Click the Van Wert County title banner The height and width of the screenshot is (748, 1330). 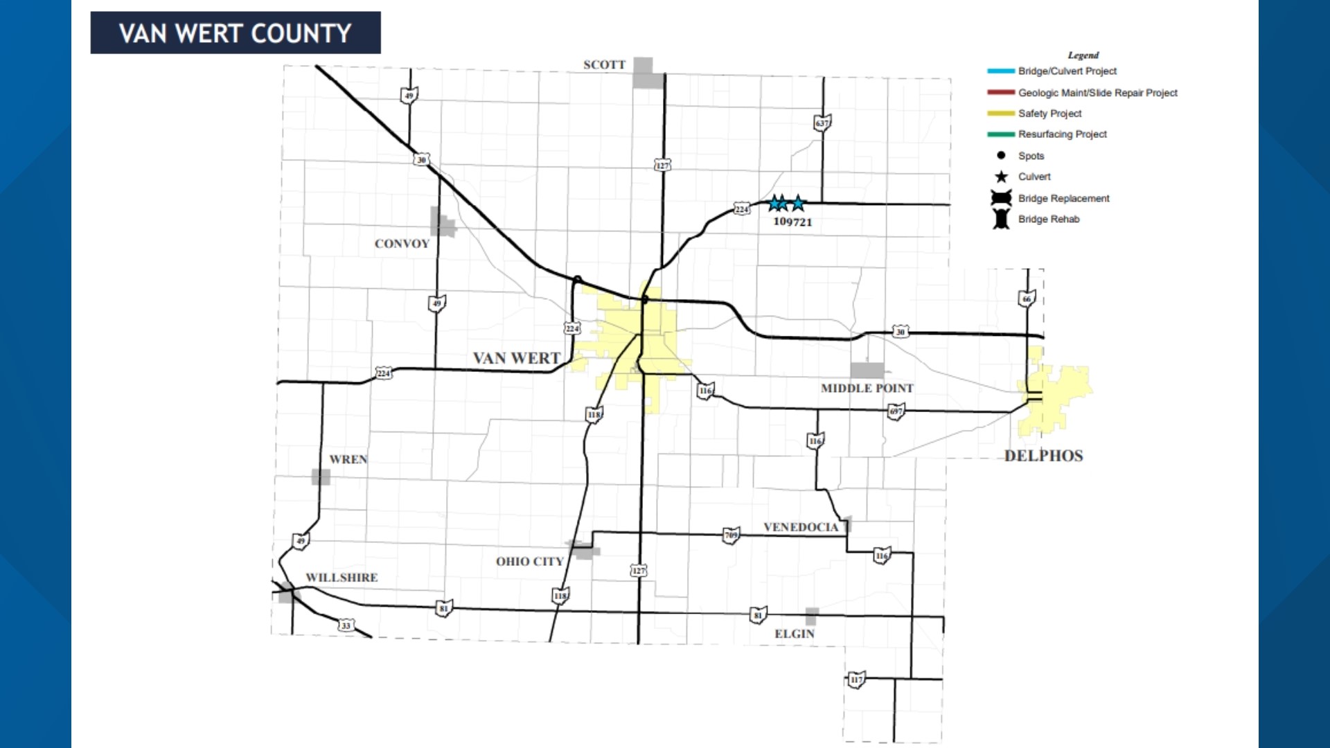click(236, 33)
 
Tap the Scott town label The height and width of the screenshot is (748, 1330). click(604, 65)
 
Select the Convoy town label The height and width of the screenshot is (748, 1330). click(402, 244)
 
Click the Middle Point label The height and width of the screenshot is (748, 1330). click(867, 389)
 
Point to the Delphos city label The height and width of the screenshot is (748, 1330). click(1043, 456)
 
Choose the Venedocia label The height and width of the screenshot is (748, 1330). click(801, 527)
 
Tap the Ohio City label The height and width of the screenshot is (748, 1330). click(529, 562)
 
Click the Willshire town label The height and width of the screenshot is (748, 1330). click(342, 578)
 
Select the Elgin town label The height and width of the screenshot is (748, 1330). click(795, 634)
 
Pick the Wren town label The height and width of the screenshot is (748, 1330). click(348, 459)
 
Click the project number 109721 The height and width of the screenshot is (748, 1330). click(792, 222)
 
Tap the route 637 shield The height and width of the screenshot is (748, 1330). click(822, 123)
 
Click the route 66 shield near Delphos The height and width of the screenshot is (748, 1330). click(1027, 299)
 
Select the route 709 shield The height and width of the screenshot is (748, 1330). click(731, 535)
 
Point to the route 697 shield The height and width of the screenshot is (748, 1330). click(896, 411)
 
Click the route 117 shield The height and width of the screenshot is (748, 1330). click(857, 679)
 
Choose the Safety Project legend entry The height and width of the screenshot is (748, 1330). click(1049, 114)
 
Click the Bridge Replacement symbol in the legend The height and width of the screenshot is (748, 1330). click(1001, 198)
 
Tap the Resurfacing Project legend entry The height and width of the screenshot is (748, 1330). click(1062, 134)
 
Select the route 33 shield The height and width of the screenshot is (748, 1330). click(346, 625)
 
